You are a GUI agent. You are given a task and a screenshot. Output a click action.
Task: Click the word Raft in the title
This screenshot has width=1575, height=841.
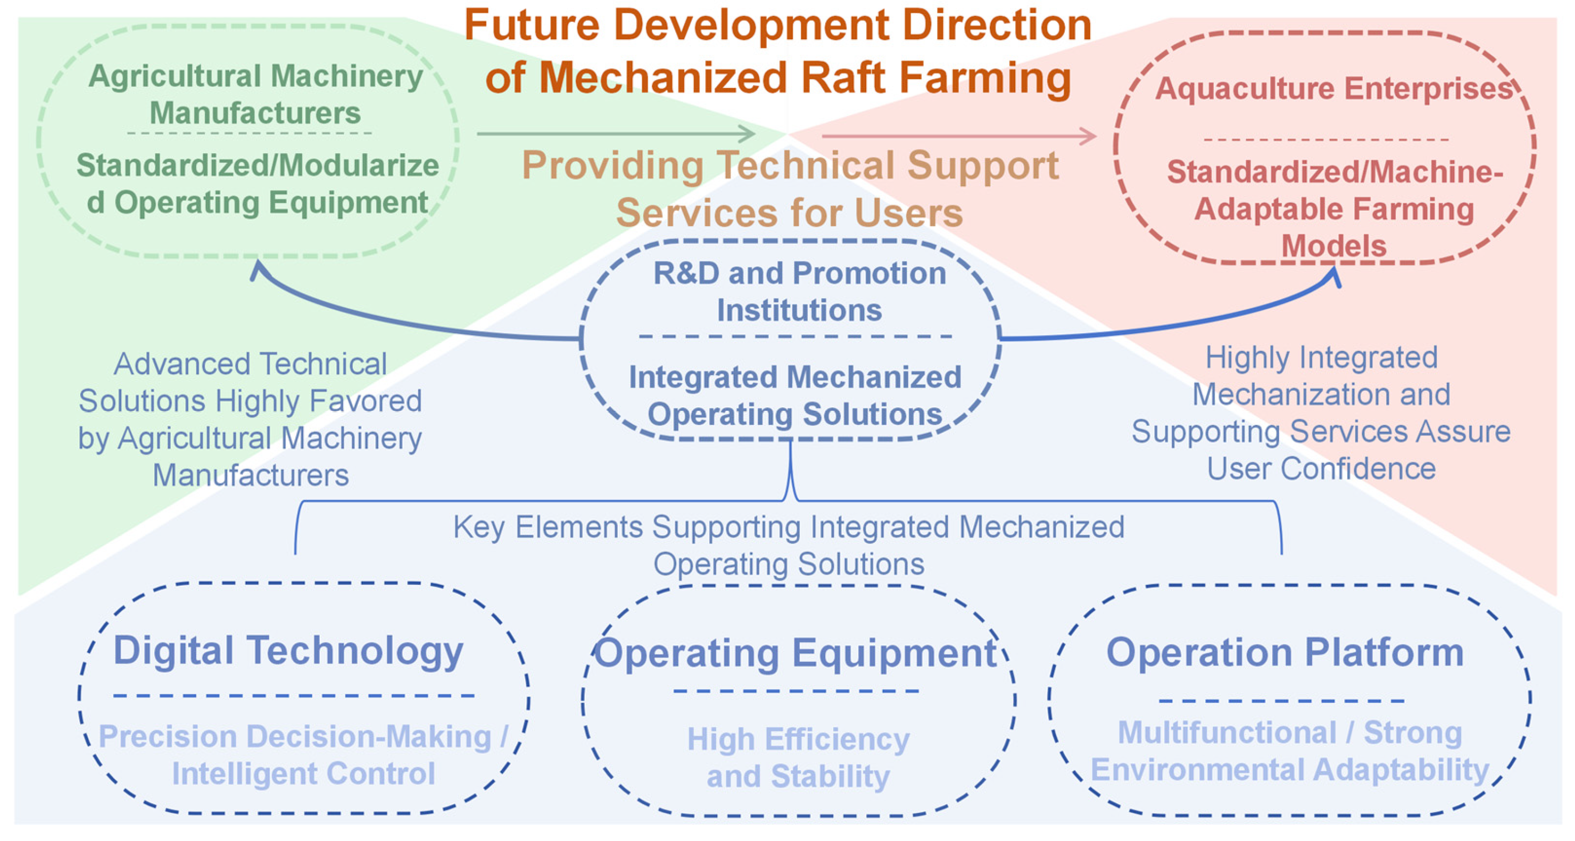pos(842,78)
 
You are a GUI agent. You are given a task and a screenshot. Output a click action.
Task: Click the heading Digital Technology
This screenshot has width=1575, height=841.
pos(288,650)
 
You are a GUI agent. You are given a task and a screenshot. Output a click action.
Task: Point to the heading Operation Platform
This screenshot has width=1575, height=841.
pos(1285,652)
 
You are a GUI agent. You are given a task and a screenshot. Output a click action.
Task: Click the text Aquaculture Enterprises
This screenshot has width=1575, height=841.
pos(1333,88)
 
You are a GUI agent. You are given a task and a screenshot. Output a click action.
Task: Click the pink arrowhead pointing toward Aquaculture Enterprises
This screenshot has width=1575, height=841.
pos(1088,136)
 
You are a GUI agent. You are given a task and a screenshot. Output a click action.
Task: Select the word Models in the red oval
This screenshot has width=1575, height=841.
pos(1333,246)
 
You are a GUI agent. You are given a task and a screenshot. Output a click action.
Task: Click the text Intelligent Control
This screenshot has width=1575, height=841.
pos(303,774)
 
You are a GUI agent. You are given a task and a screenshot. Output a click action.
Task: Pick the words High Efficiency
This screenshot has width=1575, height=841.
pos(798,740)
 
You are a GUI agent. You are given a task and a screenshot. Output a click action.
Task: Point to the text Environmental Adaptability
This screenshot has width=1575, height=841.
pos(1289,770)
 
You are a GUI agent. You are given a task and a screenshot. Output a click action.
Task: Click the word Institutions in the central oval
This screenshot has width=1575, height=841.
pos(799,310)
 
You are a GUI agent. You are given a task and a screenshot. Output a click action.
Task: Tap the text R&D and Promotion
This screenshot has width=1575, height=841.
pos(799,273)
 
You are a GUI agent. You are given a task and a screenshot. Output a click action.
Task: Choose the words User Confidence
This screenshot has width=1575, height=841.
pos(1320,469)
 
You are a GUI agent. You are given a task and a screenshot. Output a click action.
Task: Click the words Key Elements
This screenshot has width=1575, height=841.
pos(548,527)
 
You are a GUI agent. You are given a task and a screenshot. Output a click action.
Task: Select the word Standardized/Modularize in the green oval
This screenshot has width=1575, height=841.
pos(257,165)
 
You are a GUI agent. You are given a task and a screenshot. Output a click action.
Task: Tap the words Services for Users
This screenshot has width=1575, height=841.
pos(789,213)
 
